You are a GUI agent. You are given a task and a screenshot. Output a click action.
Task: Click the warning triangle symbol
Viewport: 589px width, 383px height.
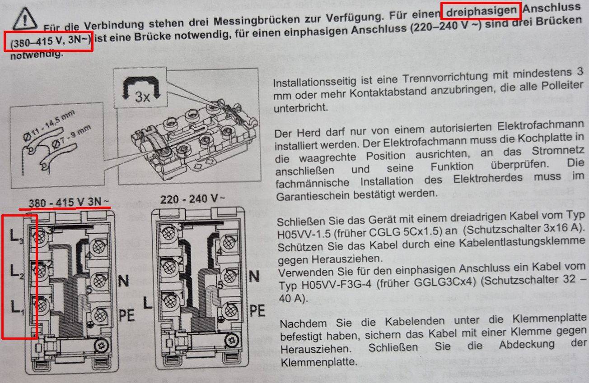pos(25,18)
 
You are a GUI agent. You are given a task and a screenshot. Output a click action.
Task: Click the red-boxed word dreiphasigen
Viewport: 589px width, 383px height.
pos(481,11)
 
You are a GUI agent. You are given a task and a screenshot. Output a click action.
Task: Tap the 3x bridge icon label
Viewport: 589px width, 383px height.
pos(142,97)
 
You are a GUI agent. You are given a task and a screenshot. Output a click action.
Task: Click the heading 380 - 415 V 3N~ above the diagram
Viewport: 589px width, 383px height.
pos(69,202)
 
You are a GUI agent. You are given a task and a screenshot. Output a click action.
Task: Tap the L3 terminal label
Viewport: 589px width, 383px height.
pos(17,235)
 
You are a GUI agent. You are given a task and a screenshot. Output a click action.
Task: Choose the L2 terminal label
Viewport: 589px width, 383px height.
pos(17,271)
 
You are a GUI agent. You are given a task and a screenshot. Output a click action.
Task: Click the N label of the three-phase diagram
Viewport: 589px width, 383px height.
pos(124,281)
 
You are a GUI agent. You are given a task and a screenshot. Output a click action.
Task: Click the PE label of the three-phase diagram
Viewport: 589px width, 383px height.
pos(127,315)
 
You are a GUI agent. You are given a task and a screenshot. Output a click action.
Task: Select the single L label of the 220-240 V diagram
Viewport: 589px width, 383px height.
pos(148,302)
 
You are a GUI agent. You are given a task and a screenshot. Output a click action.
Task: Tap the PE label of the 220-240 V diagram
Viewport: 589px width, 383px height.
pos(257,311)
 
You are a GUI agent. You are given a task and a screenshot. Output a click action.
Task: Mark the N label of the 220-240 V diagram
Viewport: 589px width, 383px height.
pos(254,277)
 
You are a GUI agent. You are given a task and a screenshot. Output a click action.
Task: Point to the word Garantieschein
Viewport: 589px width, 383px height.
pos(312,196)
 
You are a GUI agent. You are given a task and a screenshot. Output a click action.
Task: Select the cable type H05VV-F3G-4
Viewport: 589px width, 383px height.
pos(337,285)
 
